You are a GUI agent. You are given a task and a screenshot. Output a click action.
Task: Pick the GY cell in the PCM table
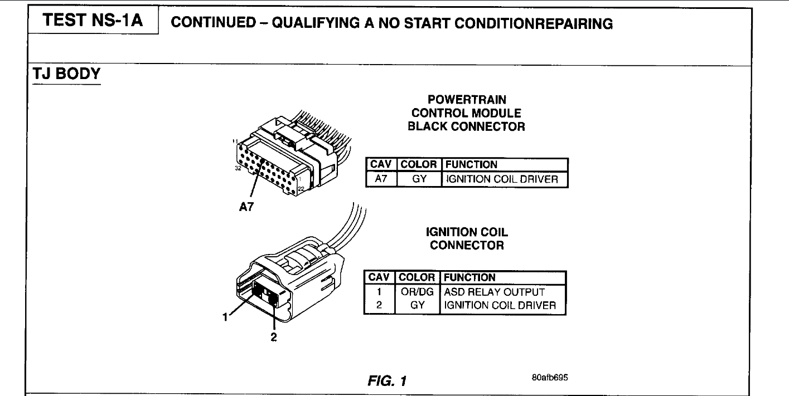point(418,179)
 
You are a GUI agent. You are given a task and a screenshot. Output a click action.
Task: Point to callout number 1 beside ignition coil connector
point(225,318)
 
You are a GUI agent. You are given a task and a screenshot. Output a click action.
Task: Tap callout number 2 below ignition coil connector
point(274,337)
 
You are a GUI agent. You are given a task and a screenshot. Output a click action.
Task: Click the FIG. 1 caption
point(385,381)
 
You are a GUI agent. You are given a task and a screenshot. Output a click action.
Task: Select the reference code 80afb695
point(551,377)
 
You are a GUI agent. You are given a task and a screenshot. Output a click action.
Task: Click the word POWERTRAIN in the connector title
point(466,100)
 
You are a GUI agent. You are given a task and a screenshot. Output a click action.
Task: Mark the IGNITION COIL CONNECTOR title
point(466,238)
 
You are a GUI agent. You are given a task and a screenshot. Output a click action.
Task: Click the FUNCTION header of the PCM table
point(471,165)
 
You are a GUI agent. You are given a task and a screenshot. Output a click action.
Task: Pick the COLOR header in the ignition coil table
point(418,277)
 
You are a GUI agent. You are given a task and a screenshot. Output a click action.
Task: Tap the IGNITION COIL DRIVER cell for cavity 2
point(500,305)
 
